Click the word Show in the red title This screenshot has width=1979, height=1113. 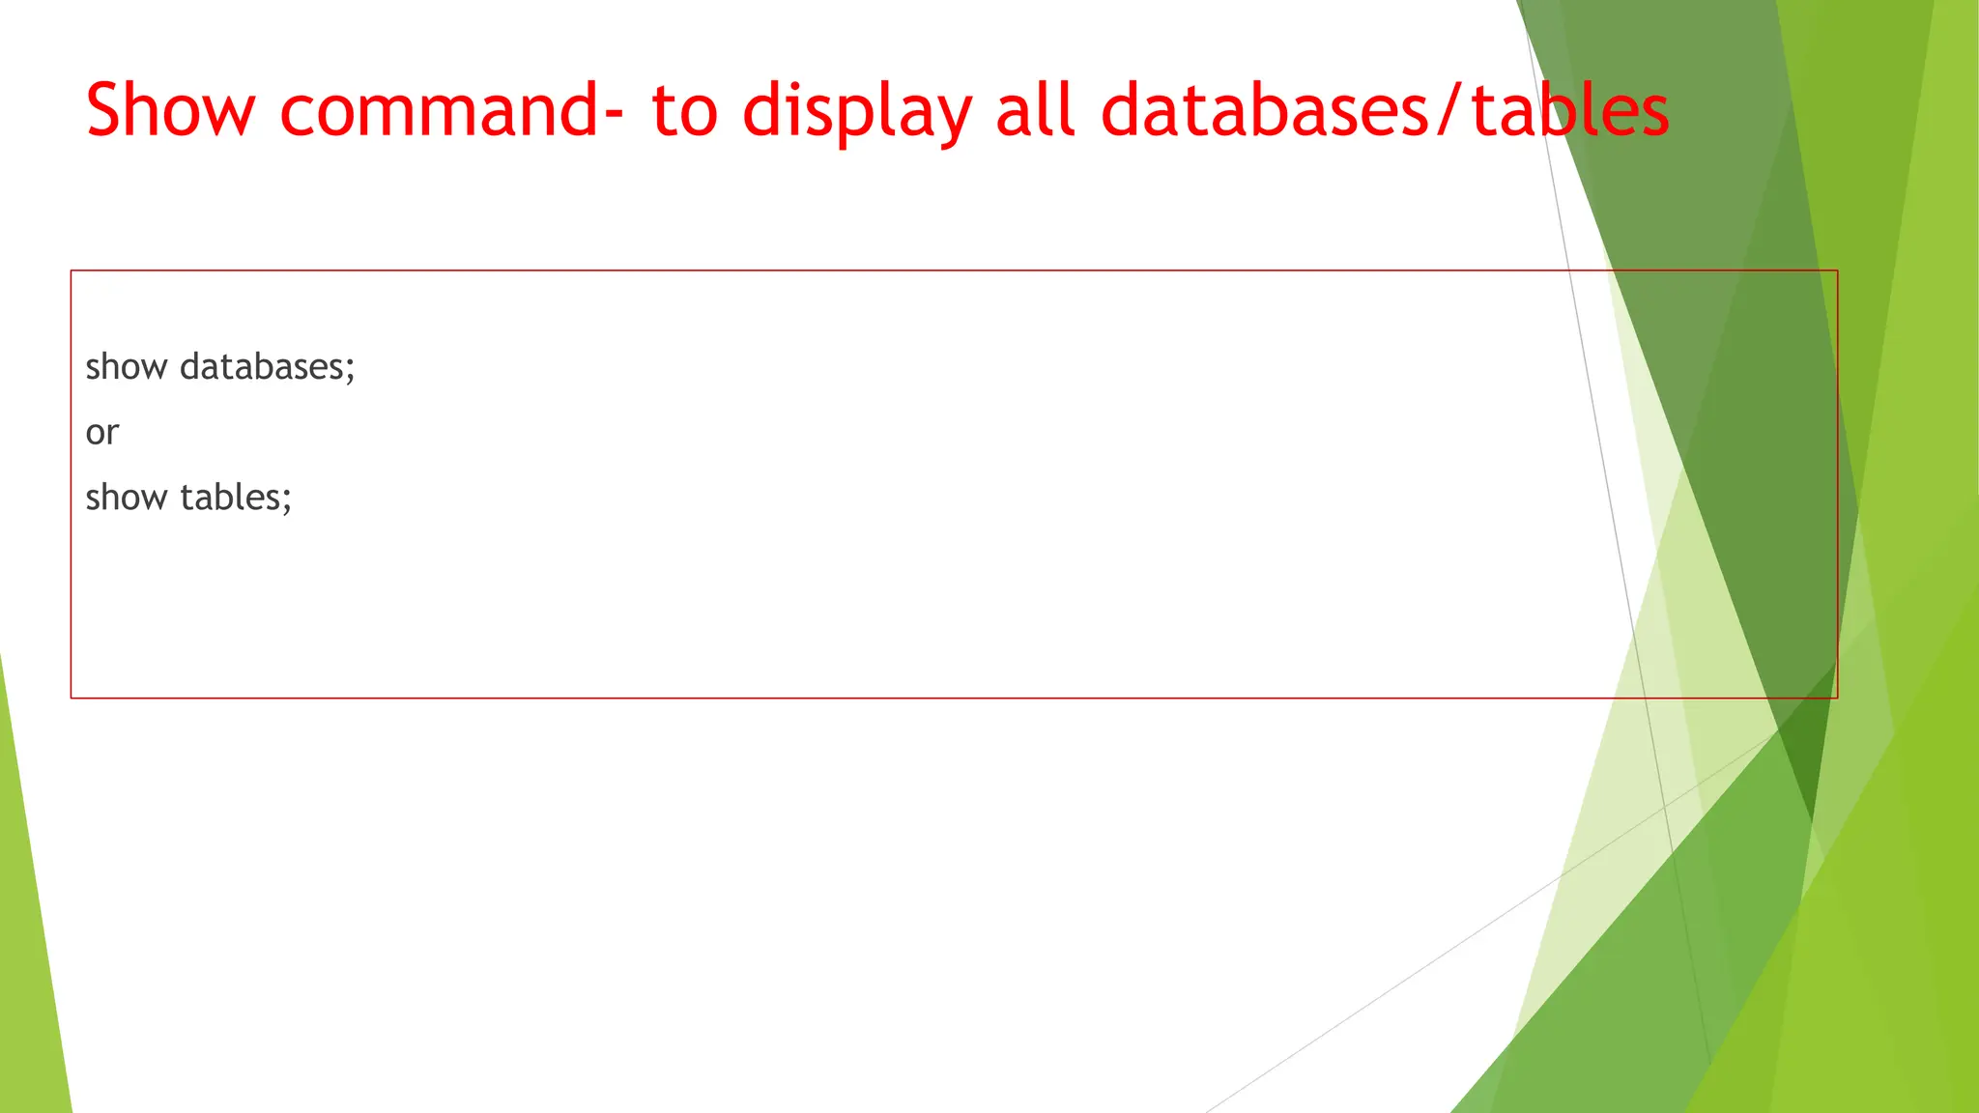pyautogui.click(x=170, y=110)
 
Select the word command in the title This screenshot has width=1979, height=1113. pyautogui.click(x=439, y=110)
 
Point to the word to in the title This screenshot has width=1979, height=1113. pyautogui.click(x=684, y=110)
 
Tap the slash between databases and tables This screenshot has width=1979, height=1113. pyautogui.click(x=1448, y=110)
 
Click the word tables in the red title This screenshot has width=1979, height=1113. pyautogui.click(x=1569, y=110)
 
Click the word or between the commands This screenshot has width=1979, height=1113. pyautogui.click(x=102, y=433)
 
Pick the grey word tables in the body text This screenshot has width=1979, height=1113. pyautogui.click(x=229, y=498)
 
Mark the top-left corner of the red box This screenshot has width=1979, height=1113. pyautogui.click(x=72, y=271)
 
